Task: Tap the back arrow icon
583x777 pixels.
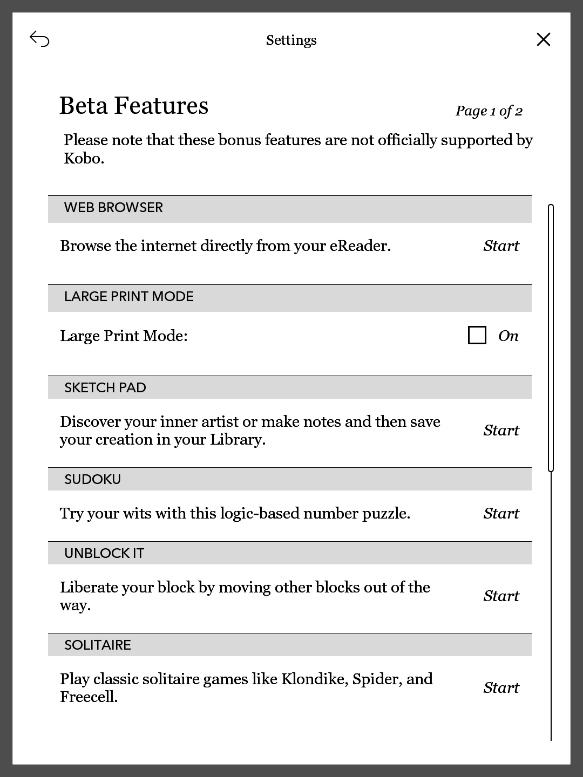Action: click(39, 39)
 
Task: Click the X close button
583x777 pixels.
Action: click(543, 39)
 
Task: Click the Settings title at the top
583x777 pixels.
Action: click(291, 40)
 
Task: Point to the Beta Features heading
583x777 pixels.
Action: click(133, 106)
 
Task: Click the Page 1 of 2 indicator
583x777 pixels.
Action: click(489, 111)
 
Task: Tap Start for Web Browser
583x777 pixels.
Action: click(501, 246)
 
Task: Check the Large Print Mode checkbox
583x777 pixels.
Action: click(477, 335)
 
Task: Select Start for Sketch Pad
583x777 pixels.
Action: click(501, 431)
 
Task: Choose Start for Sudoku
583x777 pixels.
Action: click(501, 514)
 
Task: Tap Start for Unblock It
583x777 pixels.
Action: click(501, 596)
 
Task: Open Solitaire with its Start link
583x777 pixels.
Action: click(501, 688)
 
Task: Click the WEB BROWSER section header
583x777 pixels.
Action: click(113, 208)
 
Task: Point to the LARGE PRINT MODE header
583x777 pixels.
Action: click(128, 297)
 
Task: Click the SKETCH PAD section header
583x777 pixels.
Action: click(105, 388)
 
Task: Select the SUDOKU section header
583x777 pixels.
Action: click(92, 480)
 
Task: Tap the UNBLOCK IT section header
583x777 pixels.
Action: click(104, 554)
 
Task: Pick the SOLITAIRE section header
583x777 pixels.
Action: click(98, 645)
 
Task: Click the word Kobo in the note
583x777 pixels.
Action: click(82, 159)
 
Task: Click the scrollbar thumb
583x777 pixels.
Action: click(551, 337)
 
